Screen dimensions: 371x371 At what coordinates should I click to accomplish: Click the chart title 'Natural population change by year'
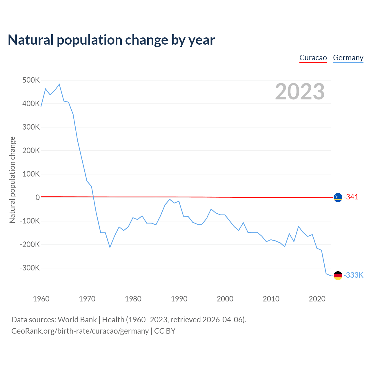tap(111, 40)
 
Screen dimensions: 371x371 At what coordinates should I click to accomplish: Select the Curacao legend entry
tap(313, 58)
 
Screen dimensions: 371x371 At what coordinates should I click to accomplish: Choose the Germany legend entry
tap(348, 58)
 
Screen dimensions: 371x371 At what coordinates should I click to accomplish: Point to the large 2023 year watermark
tap(300, 92)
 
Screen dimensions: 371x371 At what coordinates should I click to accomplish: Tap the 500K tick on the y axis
tap(31, 80)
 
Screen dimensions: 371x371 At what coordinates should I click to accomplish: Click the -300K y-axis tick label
tap(30, 268)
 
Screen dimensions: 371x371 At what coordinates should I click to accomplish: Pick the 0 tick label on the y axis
tap(38, 197)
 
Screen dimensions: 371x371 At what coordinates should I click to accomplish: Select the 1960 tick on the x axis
tap(41, 299)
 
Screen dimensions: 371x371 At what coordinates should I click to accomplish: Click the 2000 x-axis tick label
tap(225, 299)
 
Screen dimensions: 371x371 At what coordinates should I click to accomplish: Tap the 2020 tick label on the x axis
tap(317, 299)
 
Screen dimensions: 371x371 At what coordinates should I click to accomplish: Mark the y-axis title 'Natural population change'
tap(12, 180)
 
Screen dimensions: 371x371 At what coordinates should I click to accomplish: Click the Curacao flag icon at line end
tap(338, 197)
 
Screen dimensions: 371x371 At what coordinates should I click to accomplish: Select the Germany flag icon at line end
tap(338, 275)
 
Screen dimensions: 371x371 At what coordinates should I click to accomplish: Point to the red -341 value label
tap(351, 197)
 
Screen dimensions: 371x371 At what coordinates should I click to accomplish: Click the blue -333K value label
tap(353, 275)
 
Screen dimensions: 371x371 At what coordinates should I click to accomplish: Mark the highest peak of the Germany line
tap(59, 84)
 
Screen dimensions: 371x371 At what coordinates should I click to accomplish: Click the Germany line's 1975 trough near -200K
tap(110, 247)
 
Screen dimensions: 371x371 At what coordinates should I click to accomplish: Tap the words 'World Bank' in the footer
tap(77, 320)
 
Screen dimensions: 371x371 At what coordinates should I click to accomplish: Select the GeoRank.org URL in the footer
tap(80, 331)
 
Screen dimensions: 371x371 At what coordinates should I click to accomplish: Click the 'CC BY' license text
tap(165, 331)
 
